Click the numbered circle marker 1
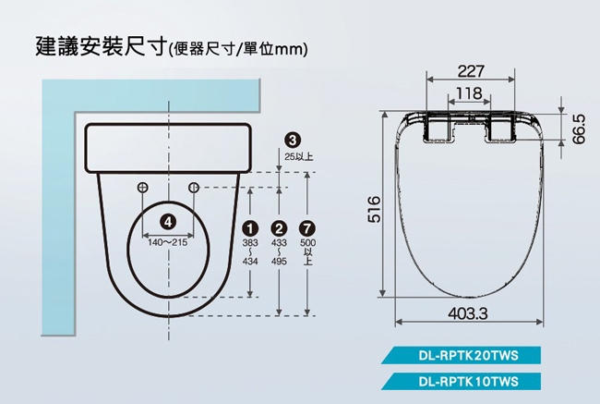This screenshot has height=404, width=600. [250, 228]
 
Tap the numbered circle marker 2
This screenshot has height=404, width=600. [279, 228]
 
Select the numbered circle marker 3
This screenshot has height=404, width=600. [293, 141]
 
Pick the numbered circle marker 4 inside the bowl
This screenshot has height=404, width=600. [168, 222]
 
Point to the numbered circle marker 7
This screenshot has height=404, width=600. [306, 228]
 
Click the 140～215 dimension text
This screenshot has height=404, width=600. [168, 242]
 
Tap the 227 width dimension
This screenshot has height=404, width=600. [471, 71]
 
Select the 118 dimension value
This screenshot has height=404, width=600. [469, 93]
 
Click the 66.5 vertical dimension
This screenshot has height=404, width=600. [580, 129]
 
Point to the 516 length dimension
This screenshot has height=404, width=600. [374, 209]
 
